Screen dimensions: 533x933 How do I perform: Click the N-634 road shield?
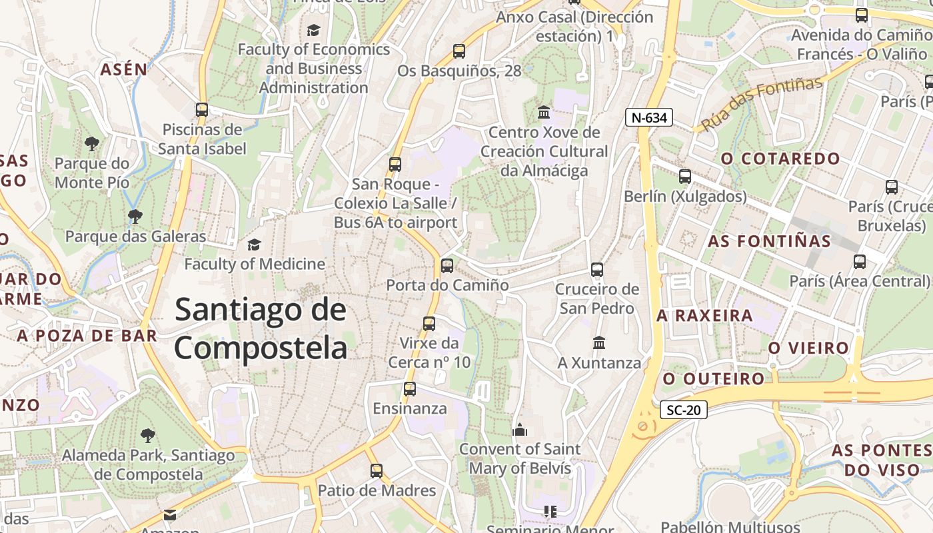pyautogui.click(x=649, y=118)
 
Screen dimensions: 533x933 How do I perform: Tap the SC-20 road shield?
pyautogui.click(x=684, y=410)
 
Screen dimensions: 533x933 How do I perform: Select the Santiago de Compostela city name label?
pyautogui.click(x=261, y=329)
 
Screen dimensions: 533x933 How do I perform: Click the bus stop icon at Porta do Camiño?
pyautogui.click(x=447, y=265)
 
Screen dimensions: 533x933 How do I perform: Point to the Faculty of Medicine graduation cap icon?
pyautogui.click(x=254, y=245)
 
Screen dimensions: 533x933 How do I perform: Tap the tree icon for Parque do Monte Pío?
pyautogui.click(x=91, y=143)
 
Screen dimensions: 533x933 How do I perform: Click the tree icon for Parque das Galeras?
pyautogui.click(x=135, y=216)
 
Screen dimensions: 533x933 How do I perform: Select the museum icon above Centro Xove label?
pyautogui.click(x=544, y=111)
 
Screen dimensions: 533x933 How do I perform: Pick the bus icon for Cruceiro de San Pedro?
pyautogui.click(x=597, y=269)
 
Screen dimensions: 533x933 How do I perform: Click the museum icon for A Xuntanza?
pyautogui.click(x=599, y=342)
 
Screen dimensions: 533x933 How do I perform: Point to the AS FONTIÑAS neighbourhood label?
pyautogui.click(x=769, y=241)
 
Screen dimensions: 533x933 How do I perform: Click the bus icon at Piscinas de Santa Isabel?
pyautogui.click(x=202, y=109)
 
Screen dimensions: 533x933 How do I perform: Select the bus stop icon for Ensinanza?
pyautogui.click(x=410, y=388)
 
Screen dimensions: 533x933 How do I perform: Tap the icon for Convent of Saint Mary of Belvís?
pyautogui.click(x=520, y=429)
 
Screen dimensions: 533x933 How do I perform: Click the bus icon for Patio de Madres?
pyautogui.click(x=377, y=471)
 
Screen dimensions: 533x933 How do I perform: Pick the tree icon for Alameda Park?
pyautogui.click(x=147, y=436)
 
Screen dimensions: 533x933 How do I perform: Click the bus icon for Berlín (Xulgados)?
pyautogui.click(x=685, y=177)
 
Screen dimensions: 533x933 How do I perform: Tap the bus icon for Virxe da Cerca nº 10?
pyautogui.click(x=429, y=323)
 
